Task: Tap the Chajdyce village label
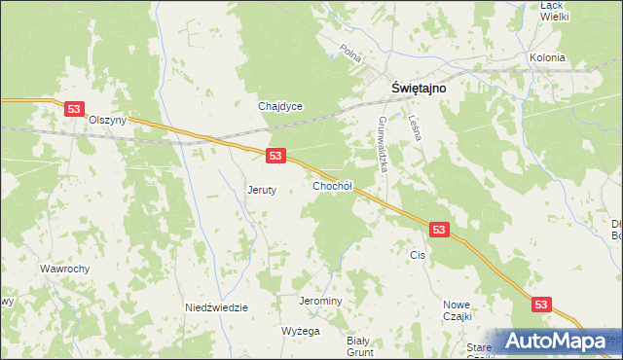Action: tap(280, 106)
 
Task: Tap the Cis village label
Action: tap(419, 255)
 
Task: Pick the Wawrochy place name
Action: tap(65, 268)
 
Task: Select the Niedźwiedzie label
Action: tap(216, 307)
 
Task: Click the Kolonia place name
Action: tap(547, 57)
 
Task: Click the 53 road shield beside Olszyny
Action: tap(74, 110)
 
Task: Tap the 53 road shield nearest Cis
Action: tap(439, 230)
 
